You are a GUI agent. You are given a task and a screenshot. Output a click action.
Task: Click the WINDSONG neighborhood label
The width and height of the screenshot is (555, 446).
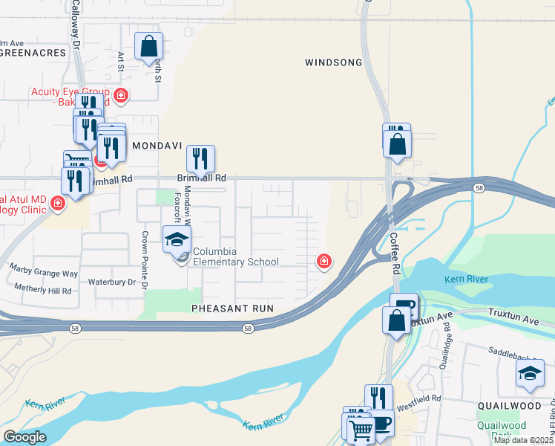[x=333, y=62]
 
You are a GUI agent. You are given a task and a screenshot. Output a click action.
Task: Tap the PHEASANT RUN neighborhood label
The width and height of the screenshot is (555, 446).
[x=232, y=308]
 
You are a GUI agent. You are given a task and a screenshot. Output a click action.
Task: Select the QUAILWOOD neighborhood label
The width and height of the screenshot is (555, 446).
[x=516, y=406]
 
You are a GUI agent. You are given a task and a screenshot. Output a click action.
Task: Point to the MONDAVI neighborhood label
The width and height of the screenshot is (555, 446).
[x=157, y=147]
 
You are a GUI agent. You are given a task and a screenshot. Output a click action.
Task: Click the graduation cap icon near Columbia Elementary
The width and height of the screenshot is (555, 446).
[x=177, y=239]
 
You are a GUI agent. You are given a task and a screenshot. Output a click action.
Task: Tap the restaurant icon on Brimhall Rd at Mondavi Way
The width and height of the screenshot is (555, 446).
[x=200, y=158]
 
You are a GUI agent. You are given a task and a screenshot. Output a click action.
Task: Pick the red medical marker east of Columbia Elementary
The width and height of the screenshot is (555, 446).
[x=324, y=260]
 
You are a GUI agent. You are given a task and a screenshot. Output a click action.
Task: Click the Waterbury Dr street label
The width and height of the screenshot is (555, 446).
[x=112, y=282]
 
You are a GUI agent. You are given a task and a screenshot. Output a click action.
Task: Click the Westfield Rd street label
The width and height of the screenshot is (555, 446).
[x=421, y=398]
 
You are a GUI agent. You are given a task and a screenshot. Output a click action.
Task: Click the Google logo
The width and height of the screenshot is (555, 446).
[x=24, y=437]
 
